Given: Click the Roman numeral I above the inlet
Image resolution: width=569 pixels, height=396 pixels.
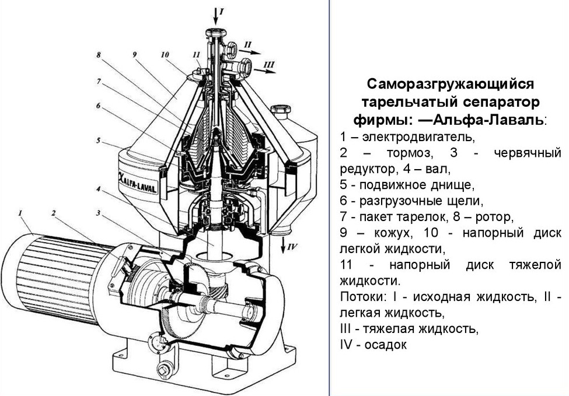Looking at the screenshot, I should pos(221,10).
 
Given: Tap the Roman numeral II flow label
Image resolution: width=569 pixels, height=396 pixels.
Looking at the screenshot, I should pos(247,44).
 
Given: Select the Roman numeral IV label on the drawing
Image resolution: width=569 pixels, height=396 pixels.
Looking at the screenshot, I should pos(292,247).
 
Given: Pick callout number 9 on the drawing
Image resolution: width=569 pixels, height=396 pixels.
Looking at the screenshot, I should pos(135,55).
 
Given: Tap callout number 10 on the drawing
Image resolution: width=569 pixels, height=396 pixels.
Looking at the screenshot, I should pos(165,55).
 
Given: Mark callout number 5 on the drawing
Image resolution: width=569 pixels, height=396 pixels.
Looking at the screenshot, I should pos(99,140).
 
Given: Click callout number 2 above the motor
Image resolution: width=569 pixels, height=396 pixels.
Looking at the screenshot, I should pos(54,213).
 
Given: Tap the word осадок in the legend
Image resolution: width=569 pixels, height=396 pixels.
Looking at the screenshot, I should pos(385,344).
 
